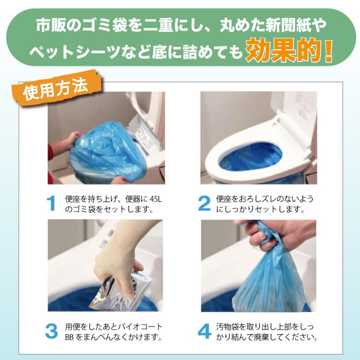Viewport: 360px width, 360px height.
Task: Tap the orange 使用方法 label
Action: point(56,89)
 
